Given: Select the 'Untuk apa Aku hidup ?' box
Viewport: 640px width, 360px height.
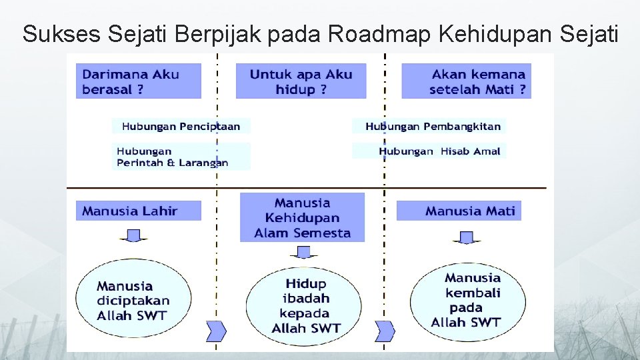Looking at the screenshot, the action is click(x=301, y=81).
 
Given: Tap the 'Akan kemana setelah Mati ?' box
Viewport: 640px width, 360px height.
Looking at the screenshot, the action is click(x=466, y=81).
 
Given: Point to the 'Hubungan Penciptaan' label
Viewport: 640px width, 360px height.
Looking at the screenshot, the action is click(x=181, y=126).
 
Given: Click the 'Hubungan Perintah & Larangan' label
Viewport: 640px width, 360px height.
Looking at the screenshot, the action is click(x=173, y=157).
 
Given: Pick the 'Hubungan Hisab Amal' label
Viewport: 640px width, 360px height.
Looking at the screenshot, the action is click(x=439, y=151).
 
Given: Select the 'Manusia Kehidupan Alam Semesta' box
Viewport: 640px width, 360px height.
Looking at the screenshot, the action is click(x=303, y=217).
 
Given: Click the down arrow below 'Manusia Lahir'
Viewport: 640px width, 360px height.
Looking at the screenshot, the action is click(x=133, y=236).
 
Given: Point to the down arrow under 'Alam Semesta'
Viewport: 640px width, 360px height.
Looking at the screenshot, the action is click(x=303, y=252).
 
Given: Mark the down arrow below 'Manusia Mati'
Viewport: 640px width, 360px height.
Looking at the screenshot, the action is click(x=467, y=237).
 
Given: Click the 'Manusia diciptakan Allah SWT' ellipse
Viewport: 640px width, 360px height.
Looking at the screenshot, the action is click(x=133, y=300).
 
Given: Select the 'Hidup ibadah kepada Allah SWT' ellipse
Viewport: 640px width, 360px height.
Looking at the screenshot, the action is click(x=304, y=305).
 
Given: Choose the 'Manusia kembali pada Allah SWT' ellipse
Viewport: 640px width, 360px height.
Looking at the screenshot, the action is click(x=467, y=300).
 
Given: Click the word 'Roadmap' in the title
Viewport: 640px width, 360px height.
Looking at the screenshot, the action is click(x=369, y=33).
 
